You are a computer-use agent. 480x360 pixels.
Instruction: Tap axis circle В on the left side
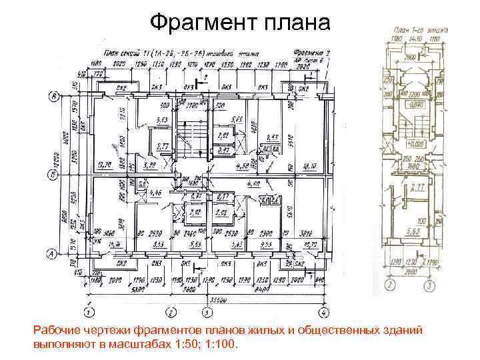(x=53, y=97)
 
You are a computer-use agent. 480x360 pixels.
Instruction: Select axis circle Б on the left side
(x=53, y=175)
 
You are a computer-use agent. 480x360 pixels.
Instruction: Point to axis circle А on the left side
(x=53, y=253)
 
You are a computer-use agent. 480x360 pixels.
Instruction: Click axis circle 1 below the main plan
(x=88, y=311)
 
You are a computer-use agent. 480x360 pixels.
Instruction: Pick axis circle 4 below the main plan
(x=322, y=311)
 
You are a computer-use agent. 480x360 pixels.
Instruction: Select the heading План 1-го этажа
(x=420, y=31)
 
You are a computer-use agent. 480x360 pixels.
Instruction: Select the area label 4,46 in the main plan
(x=155, y=193)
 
